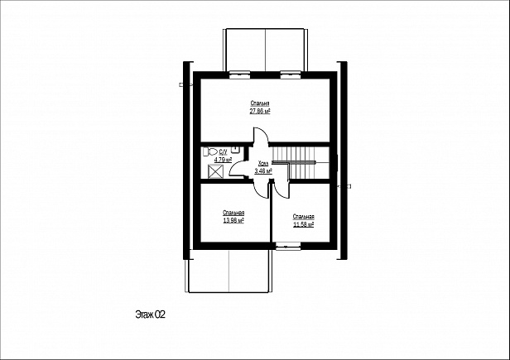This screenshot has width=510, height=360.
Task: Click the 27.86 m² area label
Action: [260, 111]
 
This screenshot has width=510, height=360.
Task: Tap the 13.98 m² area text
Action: [233, 220]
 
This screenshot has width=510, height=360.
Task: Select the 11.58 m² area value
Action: [304, 224]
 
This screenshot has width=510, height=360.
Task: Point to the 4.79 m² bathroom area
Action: [223, 160]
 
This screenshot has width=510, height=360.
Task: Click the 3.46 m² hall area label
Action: [263, 170]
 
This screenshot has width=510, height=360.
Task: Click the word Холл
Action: [263, 163]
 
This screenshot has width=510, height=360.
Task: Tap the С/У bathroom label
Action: [224, 151]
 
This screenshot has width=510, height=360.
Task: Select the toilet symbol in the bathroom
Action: [210, 151]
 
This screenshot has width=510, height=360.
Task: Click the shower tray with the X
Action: [215, 171]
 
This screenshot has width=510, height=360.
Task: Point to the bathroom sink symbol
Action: [235, 149]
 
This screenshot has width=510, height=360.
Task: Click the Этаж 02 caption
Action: [151, 314]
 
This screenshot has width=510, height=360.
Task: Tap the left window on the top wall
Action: [240, 74]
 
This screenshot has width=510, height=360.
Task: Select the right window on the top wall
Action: [291, 74]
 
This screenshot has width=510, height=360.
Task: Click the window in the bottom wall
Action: [288, 246]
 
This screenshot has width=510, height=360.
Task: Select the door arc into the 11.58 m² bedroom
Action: [281, 192]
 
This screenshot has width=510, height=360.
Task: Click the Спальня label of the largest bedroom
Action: [260, 103]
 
